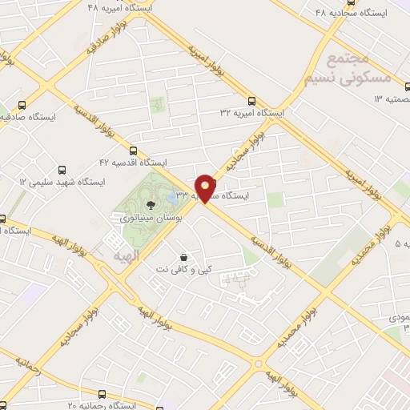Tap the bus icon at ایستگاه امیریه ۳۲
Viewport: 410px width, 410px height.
pyautogui.click(x=252, y=102)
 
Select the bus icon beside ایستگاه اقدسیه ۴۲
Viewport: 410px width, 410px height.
pyautogui.click(x=133, y=150)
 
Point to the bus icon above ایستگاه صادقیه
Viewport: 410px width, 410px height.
pyautogui.click(x=22, y=104)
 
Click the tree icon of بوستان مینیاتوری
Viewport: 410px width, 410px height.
pyautogui.click(x=151, y=206)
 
